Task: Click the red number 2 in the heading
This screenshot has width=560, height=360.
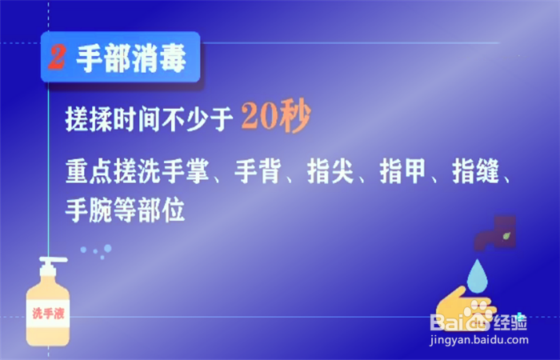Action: coord(57,58)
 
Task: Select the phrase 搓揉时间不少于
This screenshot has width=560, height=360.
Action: coord(148,121)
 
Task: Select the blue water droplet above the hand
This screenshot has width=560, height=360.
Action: coord(478,274)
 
